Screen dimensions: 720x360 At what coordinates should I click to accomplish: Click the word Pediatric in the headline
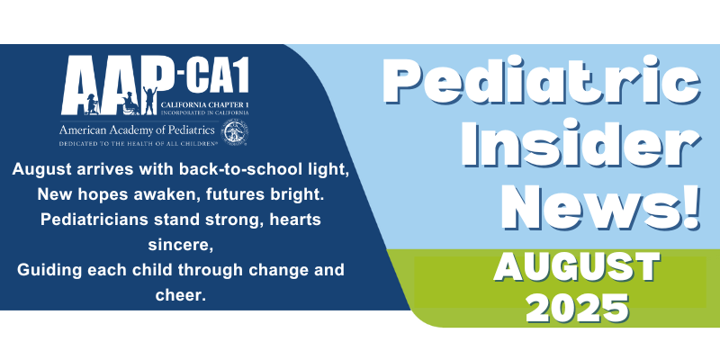coord(542,83)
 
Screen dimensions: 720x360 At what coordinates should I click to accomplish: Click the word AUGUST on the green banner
coord(577,267)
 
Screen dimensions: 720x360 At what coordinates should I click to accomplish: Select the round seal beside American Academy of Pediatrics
coord(235,132)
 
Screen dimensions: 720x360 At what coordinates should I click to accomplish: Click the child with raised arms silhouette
coord(149,101)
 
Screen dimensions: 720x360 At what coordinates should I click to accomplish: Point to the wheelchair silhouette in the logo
coord(130,103)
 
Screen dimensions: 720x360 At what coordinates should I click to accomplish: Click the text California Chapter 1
coord(205,105)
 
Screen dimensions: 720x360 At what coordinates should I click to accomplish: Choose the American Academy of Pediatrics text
coord(137,130)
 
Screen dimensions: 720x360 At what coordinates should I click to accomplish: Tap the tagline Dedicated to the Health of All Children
coord(138,144)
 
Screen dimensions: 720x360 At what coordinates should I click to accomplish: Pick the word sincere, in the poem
coord(181,245)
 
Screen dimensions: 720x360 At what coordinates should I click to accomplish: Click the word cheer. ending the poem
coord(181,295)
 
